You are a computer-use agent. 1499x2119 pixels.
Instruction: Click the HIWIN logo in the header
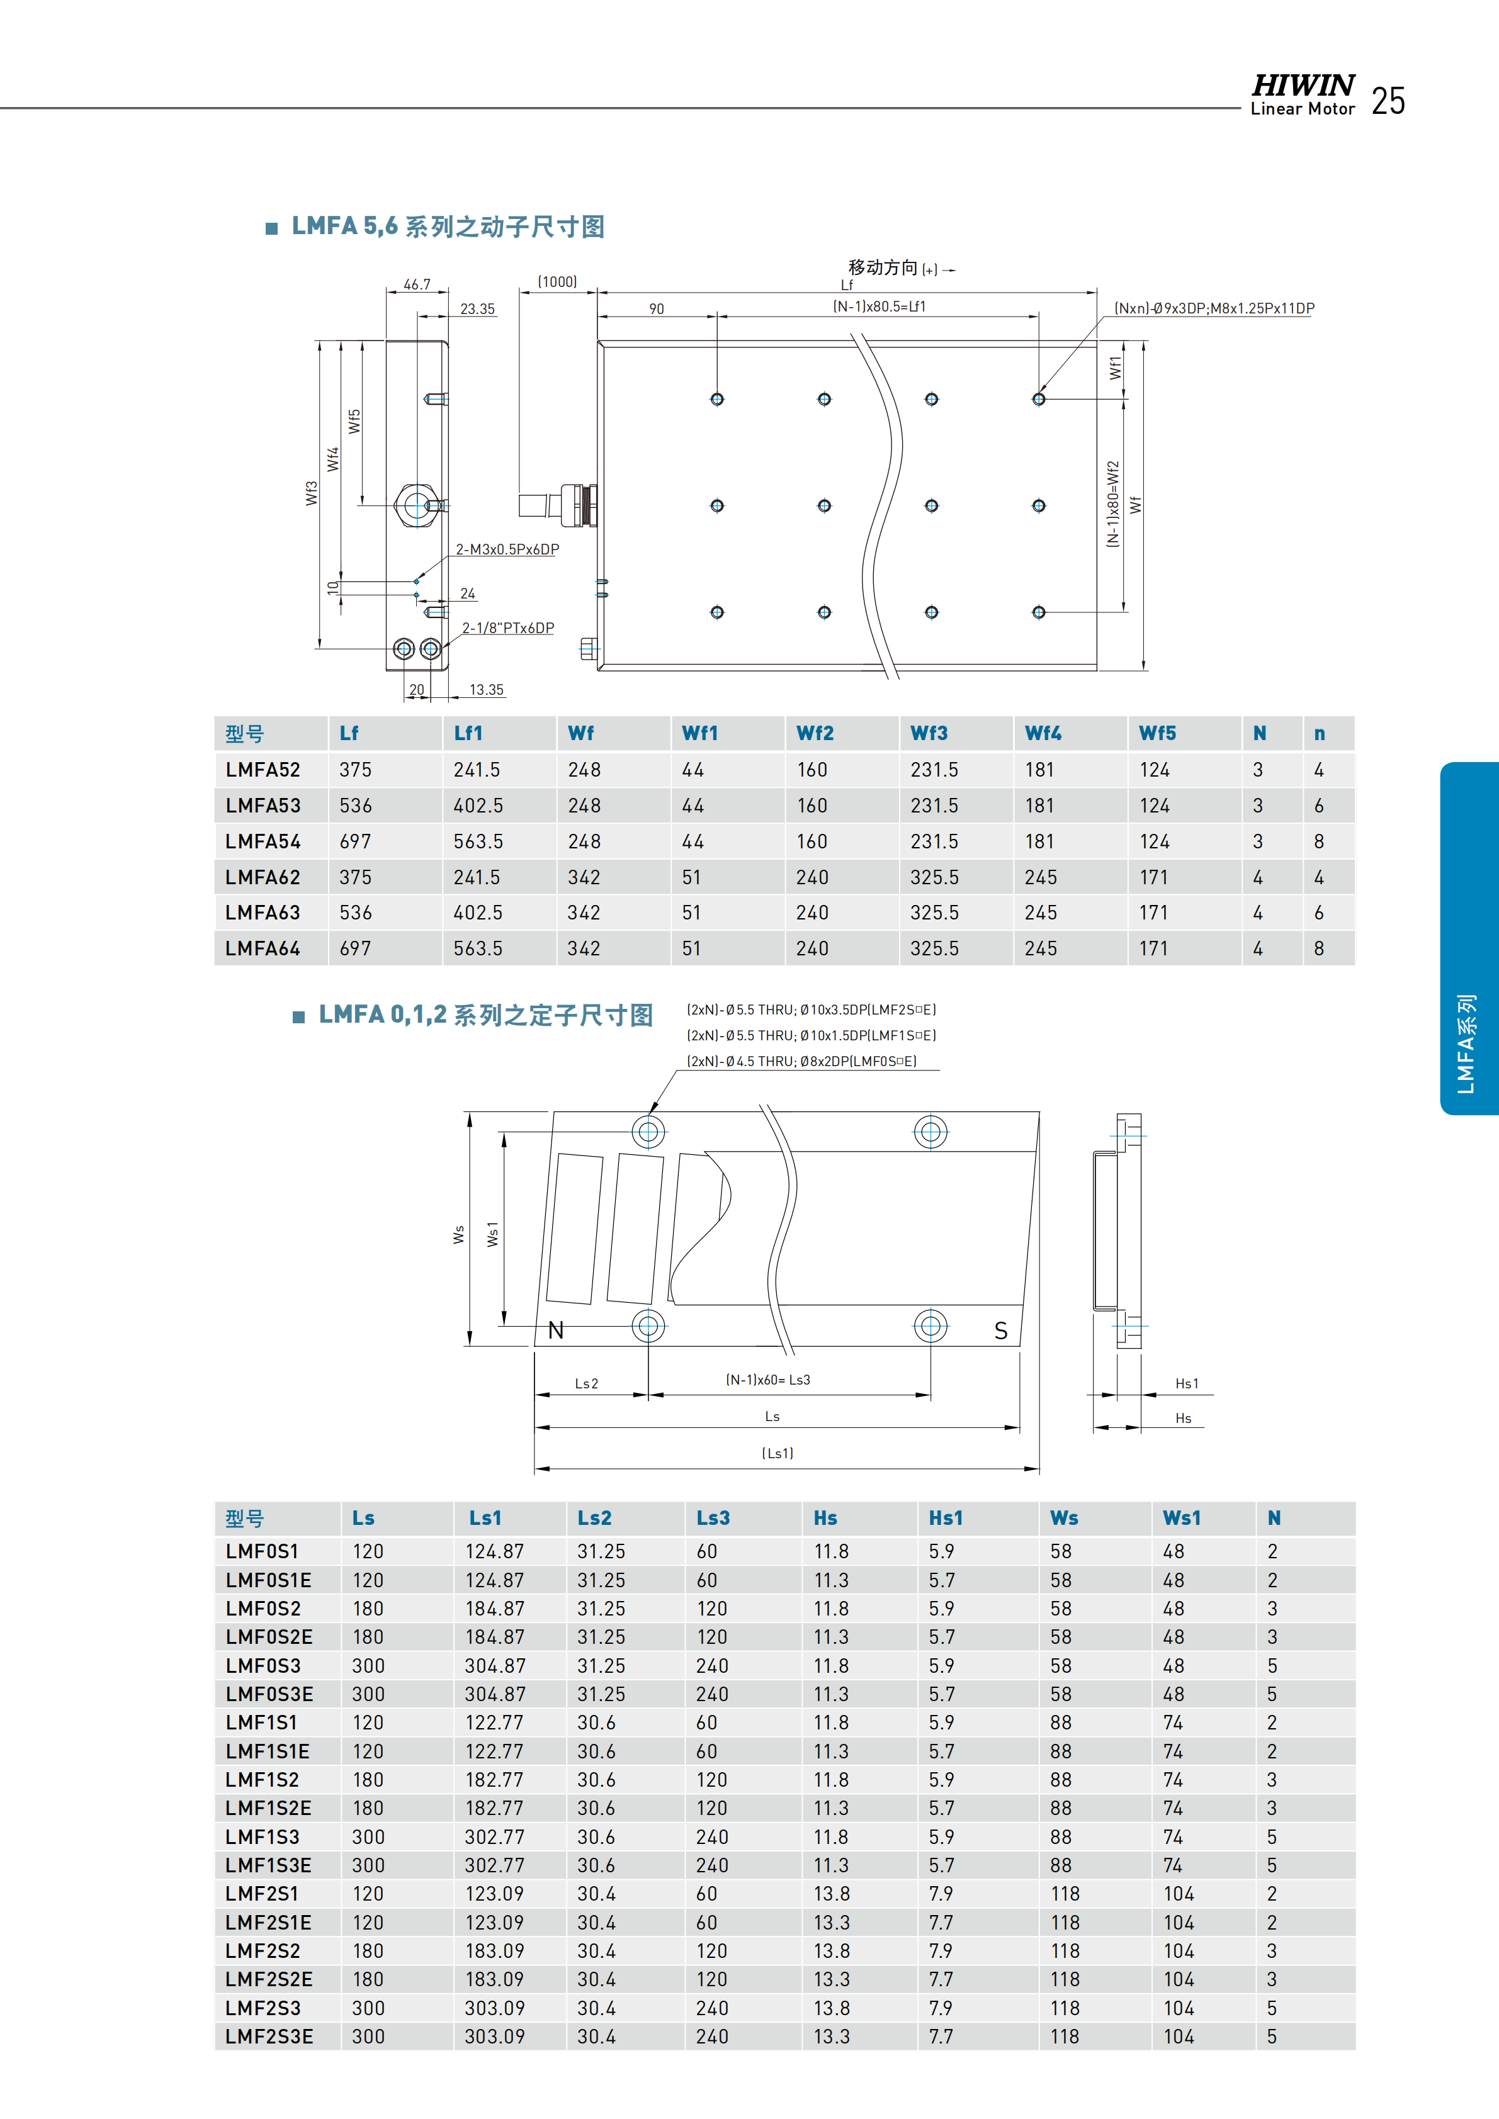point(1303,86)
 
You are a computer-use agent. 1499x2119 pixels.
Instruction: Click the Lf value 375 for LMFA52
point(355,770)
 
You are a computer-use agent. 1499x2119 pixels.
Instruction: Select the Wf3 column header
point(929,734)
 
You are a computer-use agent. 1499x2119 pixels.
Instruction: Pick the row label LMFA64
point(263,949)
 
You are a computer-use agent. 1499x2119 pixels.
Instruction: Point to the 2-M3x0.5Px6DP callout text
point(507,549)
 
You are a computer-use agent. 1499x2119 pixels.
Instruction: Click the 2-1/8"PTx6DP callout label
point(507,627)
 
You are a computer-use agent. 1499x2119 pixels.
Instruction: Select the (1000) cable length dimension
point(558,281)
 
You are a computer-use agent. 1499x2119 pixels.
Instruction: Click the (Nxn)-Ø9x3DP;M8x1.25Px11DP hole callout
point(1214,308)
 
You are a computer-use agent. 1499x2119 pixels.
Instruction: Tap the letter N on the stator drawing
point(556,1330)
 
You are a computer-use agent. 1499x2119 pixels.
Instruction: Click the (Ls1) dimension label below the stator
point(777,1453)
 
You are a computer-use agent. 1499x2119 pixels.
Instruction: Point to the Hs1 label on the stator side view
point(1186,1383)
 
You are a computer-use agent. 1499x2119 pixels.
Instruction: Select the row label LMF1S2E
point(268,1808)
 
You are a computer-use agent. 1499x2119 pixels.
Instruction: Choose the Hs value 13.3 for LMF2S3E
point(831,2036)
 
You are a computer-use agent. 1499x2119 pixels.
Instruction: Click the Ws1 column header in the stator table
point(1182,1518)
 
